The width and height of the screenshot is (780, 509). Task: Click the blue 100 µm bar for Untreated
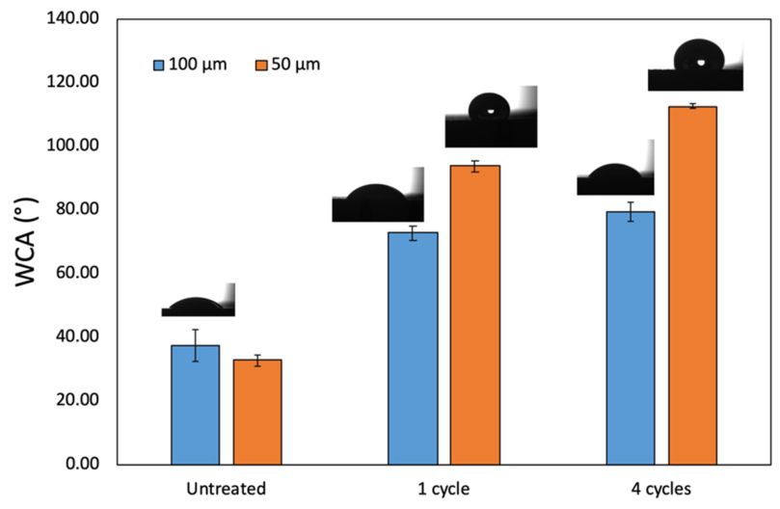click(x=195, y=405)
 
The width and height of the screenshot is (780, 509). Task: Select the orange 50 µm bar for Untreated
click(x=257, y=413)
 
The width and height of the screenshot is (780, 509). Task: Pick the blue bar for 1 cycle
click(x=413, y=349)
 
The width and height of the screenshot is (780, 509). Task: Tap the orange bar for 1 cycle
click(x=475, y=315)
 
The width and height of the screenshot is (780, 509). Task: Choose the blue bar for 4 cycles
click(x=631, y=338)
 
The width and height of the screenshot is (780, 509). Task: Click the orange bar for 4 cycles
click(x=692, y=285)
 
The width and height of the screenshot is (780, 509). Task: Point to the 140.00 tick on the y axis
click(x=72, y=18)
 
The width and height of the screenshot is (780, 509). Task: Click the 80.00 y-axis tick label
click(x=77, y=208)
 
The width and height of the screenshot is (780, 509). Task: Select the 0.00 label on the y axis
click(x=82, y=464)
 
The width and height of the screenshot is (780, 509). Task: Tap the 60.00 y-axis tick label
click(x=77, y=272)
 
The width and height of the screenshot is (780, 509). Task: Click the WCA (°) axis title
click(x=26, y=242)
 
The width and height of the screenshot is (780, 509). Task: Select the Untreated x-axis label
click(x=227, y=489)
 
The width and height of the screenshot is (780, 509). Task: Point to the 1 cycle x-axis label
click(x=444, y=489)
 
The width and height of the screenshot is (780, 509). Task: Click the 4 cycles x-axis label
click(x=661, y=489)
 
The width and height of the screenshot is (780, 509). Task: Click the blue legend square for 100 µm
click(x=159, y=66)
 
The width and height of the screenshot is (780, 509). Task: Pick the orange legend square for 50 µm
click(x=261, y=66)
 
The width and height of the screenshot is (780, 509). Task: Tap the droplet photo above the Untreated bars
click(x=198, y=300)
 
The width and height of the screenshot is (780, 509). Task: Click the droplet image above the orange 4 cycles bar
click(x=695, y=65)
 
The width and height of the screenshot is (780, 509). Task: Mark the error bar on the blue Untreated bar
click(x=195, y=345)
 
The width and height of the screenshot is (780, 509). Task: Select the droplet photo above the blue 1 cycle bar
click(x=378, y=195)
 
